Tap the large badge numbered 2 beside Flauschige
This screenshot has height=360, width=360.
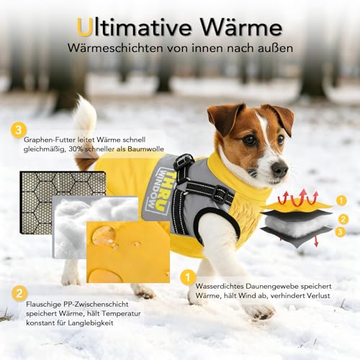point(19,293)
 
